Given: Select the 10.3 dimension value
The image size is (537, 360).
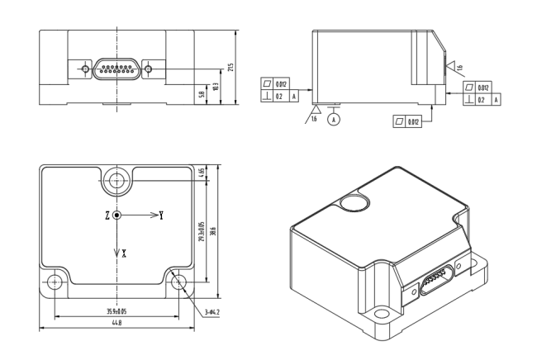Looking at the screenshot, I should coord(216,85).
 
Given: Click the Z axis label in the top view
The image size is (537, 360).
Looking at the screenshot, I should coord(107,215).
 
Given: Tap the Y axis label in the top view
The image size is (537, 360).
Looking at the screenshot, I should coord(160,215).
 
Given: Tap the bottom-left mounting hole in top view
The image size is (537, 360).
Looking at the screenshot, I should coord(55,282).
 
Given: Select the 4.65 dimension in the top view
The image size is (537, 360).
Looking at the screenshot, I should coord(213,173).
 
